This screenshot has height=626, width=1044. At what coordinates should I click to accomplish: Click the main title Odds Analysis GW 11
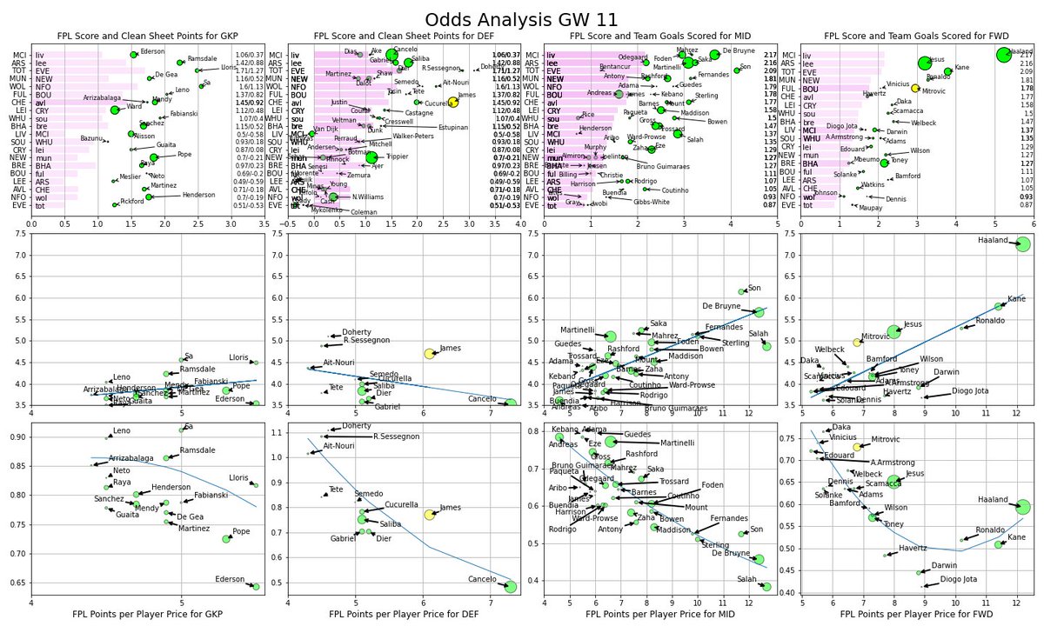tap(522, 19)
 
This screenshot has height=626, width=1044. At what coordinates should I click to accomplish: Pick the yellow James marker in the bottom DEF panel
tap(429, 515)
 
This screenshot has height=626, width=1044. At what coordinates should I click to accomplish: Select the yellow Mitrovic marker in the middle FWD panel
tap(857, 342)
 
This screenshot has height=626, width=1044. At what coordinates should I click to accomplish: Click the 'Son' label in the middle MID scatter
tap(754, 288)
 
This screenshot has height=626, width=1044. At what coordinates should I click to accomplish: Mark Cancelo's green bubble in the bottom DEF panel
tap(511, 587)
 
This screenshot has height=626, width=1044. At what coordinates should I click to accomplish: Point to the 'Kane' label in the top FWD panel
tap(962, 67)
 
